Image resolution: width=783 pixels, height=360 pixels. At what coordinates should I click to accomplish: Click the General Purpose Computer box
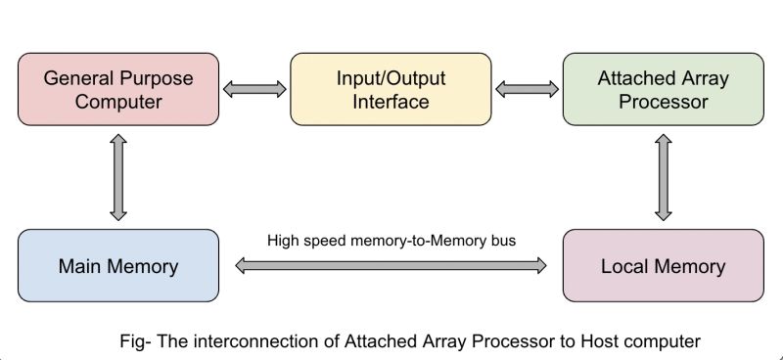[x=118, y=90]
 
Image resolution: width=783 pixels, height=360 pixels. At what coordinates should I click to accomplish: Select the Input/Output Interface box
[x=391, y=90]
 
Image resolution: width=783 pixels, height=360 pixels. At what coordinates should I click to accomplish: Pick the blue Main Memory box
[x=118, y=265]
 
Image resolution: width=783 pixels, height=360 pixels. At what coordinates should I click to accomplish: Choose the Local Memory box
[x=664, y=265]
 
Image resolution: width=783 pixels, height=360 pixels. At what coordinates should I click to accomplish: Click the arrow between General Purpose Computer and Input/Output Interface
[x=254, y=90]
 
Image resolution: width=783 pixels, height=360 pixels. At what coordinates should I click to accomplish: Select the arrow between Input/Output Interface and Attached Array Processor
[x=527, y=90]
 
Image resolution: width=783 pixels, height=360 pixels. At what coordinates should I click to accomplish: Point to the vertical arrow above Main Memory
[x=118, y=177]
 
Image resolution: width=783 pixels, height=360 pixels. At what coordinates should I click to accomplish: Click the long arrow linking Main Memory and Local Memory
[x=391, y=265]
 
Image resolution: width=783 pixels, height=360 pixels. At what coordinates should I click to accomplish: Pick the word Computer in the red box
[x=118, y=102]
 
